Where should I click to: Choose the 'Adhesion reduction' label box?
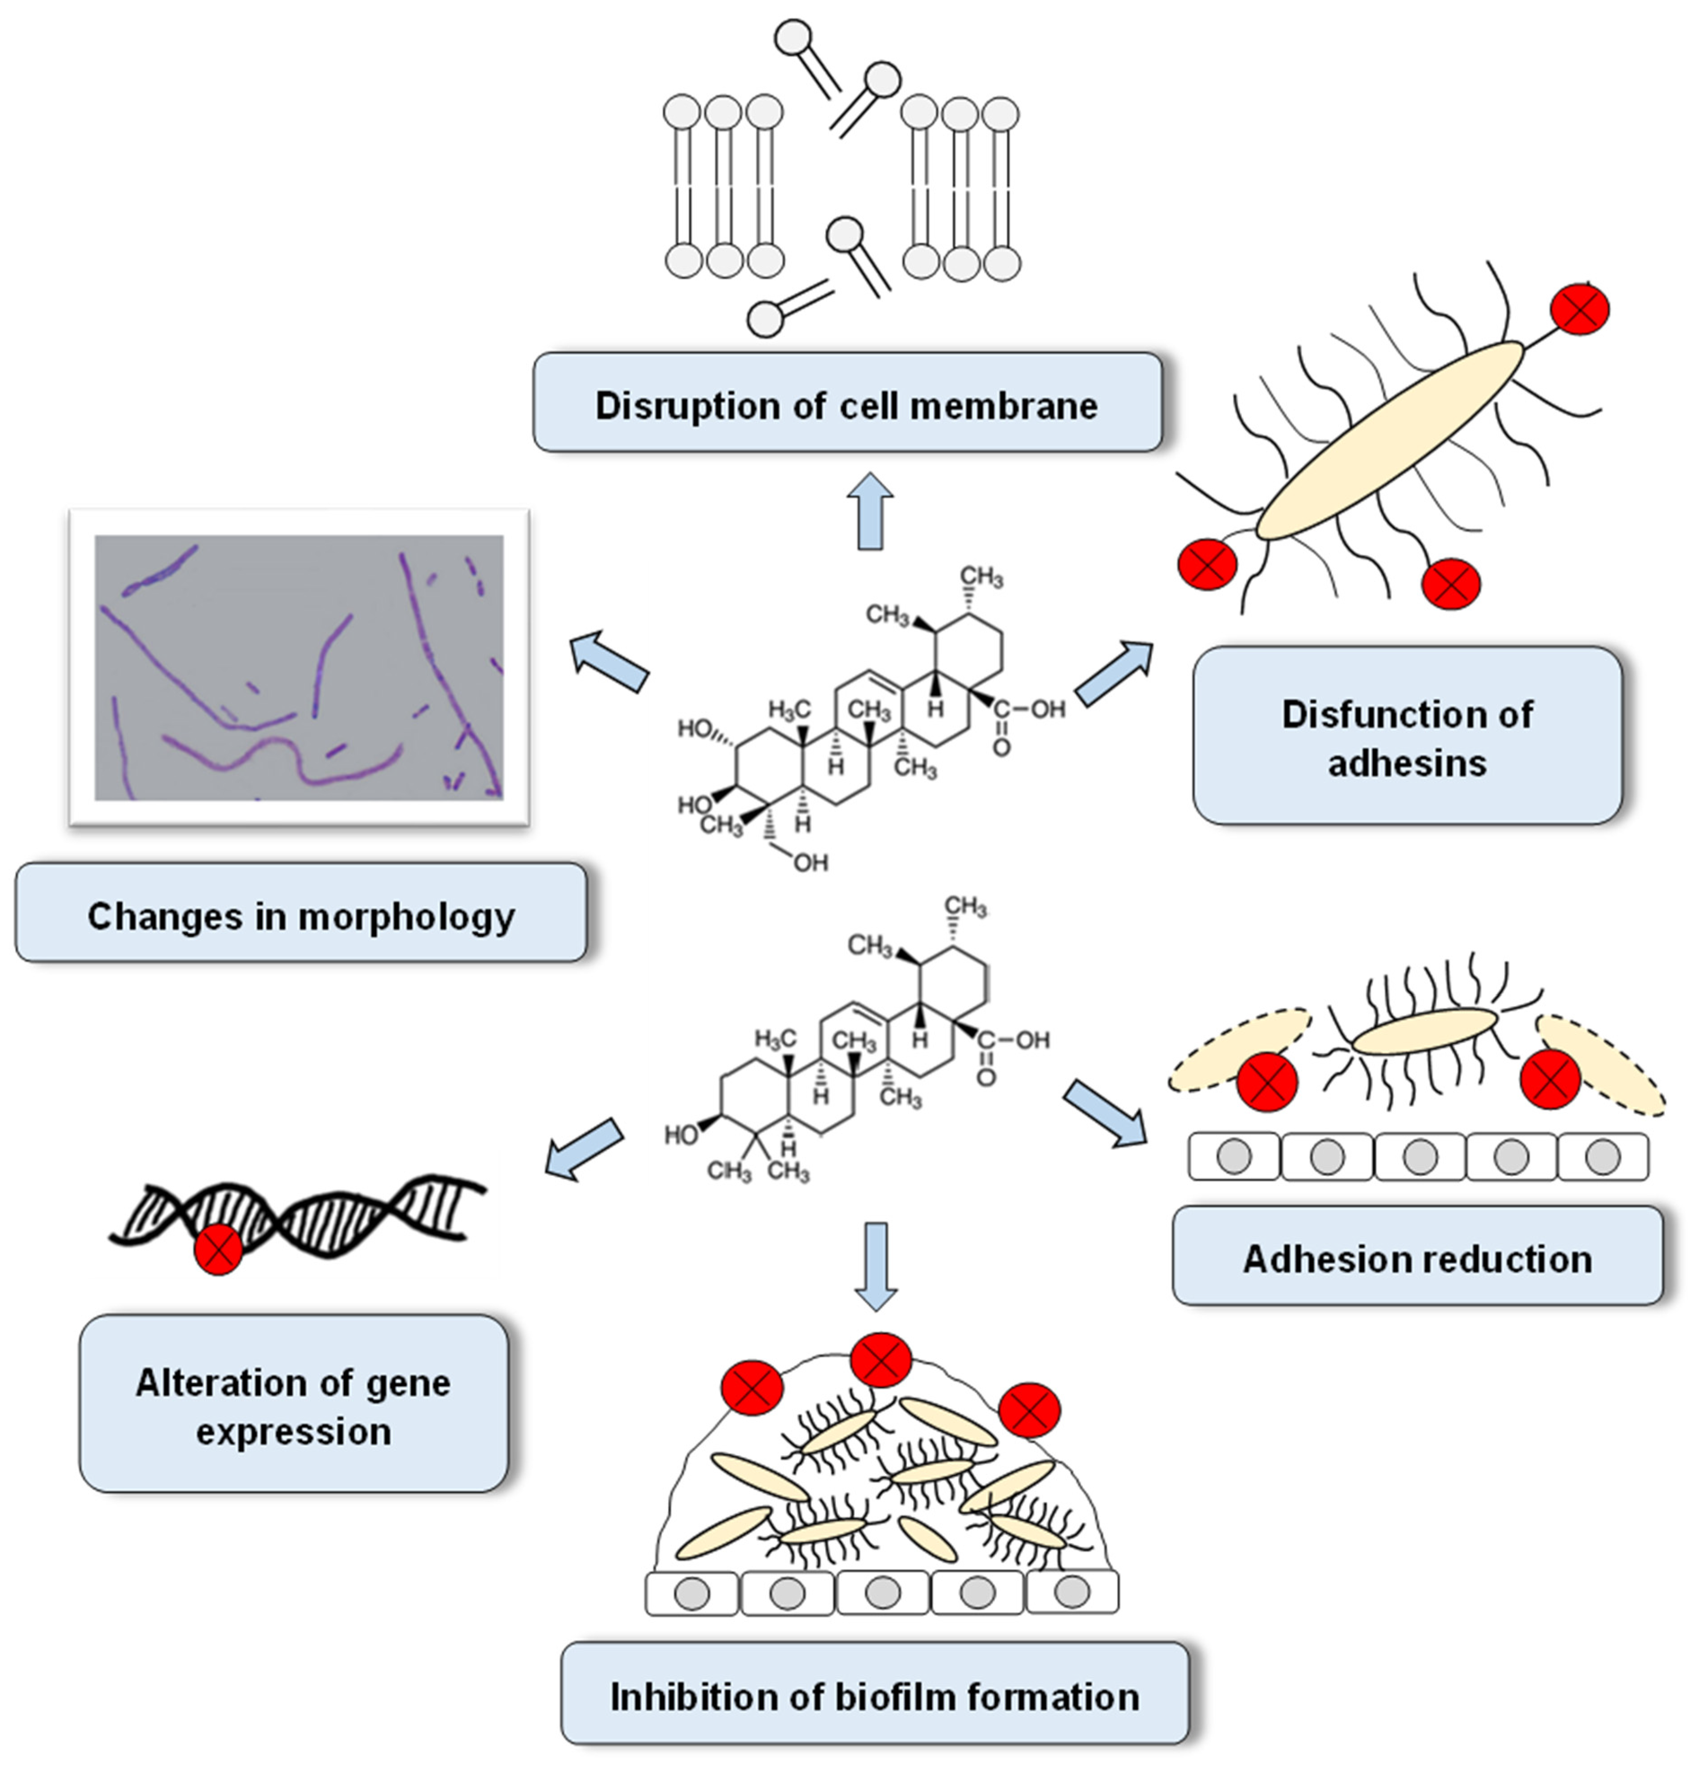pos(1417,1257)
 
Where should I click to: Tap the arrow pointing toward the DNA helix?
pos(585,1148)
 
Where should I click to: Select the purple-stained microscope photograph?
pos(299,667)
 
